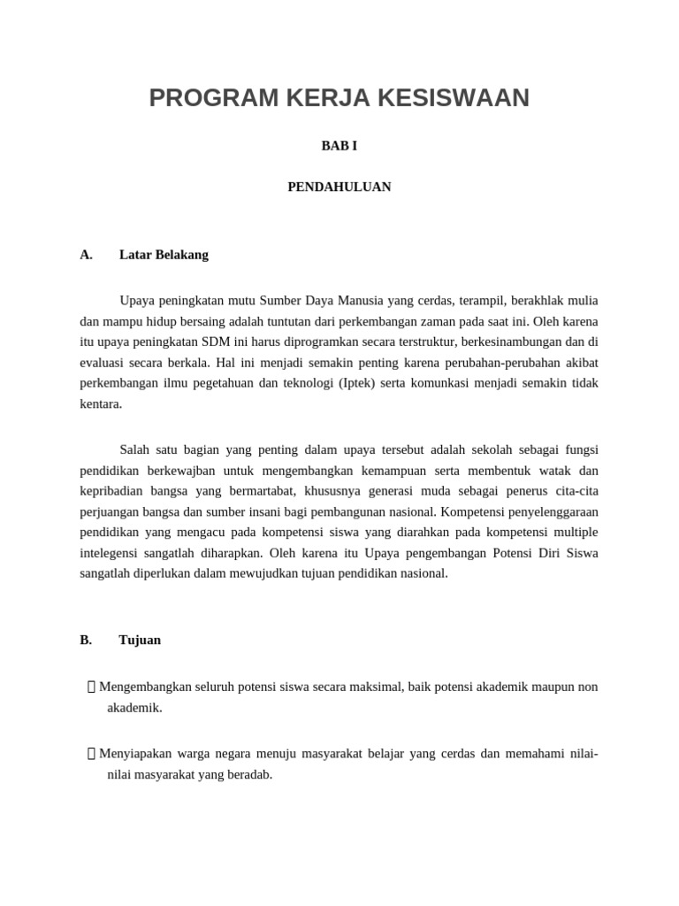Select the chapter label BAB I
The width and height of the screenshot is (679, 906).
(339, 146)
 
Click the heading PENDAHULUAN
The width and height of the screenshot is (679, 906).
(339, 188)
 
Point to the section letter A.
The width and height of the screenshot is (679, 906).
(86, 255)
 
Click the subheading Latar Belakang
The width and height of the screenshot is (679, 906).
(164, 255)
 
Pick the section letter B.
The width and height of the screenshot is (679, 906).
(86, 640)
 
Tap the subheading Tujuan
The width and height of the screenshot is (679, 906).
(140, 640)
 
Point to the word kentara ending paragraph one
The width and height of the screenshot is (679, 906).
(100, 404)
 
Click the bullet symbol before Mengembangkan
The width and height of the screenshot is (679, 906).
(92, 687)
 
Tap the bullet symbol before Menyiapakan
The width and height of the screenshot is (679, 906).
(92, 754)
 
